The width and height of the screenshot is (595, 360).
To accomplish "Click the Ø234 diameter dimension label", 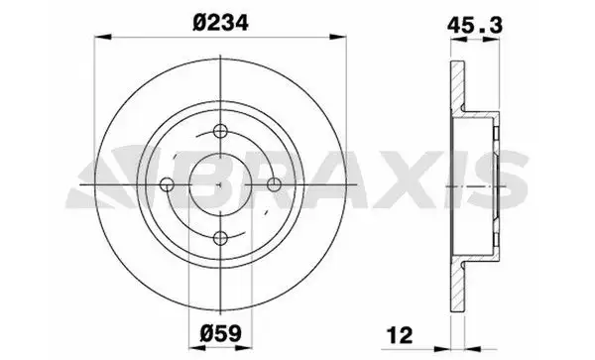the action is pos(220,23).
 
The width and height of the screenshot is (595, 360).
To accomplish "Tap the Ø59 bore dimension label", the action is pos(220,334).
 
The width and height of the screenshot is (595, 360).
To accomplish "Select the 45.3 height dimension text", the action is pos(475,25).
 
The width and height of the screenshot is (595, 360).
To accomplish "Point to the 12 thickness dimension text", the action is pos(400,335).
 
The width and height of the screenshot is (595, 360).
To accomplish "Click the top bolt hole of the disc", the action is pos(220,132).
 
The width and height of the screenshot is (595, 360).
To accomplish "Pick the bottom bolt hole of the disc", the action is pos(220,238).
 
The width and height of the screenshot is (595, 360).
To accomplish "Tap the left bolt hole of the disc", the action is pos(167,184).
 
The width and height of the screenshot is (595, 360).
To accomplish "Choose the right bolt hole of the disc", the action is pos(274,184).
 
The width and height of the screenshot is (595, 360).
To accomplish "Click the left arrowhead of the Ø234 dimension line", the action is pos(102,37).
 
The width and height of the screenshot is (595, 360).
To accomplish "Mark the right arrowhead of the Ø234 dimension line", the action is pos(338,37).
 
